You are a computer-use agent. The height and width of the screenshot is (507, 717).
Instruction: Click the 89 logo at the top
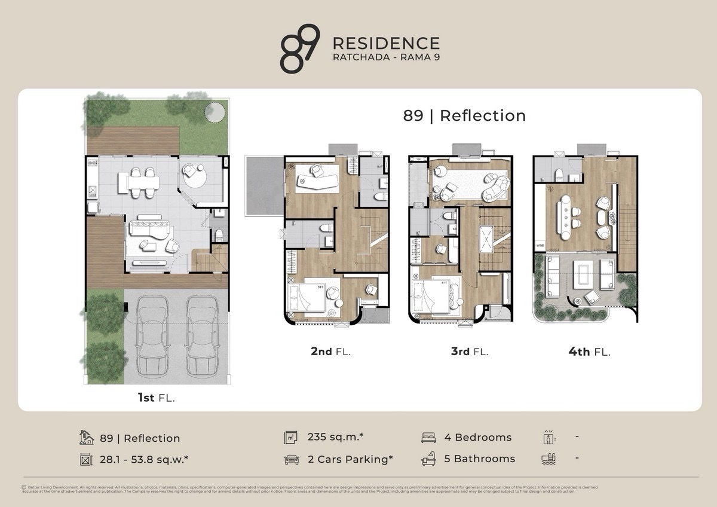tap(299, 49)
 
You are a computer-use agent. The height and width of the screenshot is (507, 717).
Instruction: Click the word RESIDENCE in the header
tap(385, 44)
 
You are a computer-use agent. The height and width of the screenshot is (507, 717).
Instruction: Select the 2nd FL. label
tap(330, 352)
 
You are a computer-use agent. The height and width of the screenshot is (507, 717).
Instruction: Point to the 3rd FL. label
tap(469, 352)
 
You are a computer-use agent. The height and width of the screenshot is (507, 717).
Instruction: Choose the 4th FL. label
tap(589, 352)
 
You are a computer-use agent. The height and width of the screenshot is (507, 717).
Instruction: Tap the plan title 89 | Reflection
tap(464, 115)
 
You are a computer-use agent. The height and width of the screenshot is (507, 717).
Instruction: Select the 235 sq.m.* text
tap(335, 437)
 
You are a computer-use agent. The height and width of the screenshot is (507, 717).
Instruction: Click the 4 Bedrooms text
tap(478, 437)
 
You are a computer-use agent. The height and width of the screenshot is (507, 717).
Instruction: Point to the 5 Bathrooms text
tap(480, 459)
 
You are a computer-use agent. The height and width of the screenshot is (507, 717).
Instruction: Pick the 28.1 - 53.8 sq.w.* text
tap(144, 459)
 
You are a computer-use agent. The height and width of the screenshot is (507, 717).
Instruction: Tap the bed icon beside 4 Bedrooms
tap(428, 438)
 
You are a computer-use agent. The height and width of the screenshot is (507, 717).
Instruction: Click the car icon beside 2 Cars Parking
tap(291, 459)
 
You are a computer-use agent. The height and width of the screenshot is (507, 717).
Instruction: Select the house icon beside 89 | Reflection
tap(87, 438)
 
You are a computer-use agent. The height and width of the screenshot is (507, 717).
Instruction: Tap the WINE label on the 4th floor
tap(540, 245)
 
